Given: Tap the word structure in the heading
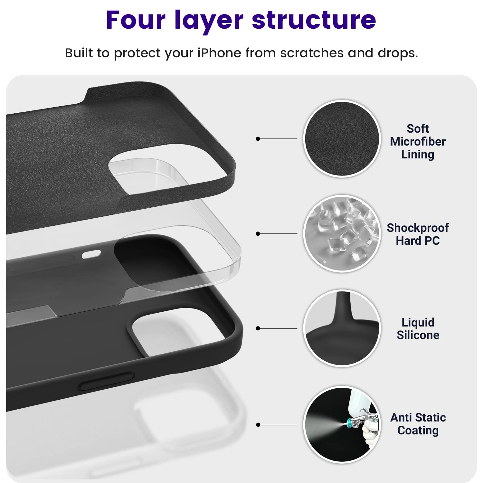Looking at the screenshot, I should coord(314,20).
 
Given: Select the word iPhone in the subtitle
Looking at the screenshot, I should coord(219,53).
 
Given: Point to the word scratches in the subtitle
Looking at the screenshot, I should coord(312,53).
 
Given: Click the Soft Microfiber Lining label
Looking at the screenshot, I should coord(418,142).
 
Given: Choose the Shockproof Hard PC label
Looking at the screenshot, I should coord(418,234).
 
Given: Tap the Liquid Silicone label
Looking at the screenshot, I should coord(418,329).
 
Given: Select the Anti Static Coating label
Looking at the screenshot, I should coord(418,424).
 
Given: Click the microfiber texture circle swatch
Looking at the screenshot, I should coord(342,139).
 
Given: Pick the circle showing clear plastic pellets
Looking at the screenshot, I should coord(342,233).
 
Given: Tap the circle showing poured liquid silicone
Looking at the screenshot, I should coord(342,328).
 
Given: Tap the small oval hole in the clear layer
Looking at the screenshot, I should coord(91,255).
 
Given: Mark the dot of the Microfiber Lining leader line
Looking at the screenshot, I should coord(258,139).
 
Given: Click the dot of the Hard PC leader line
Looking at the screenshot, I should coord(258,233).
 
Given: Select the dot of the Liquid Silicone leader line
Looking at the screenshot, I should coord(258,328).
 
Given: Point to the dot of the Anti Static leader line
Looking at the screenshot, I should coord(258,425).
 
